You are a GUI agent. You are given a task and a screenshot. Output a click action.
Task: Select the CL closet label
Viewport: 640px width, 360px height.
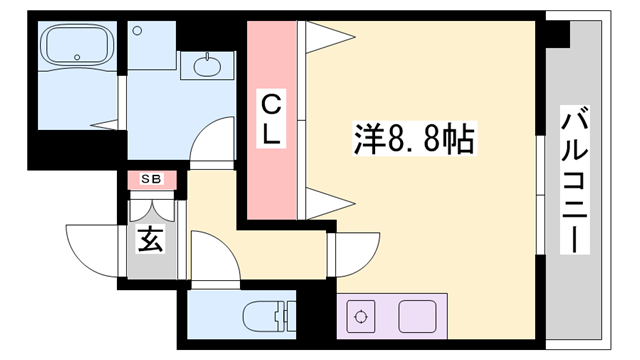tap(271, 117)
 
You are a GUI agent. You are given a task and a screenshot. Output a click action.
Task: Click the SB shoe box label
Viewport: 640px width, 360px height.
tap(152, 179)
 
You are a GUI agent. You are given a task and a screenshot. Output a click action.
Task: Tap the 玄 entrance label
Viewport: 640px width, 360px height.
tap(150, 240)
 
